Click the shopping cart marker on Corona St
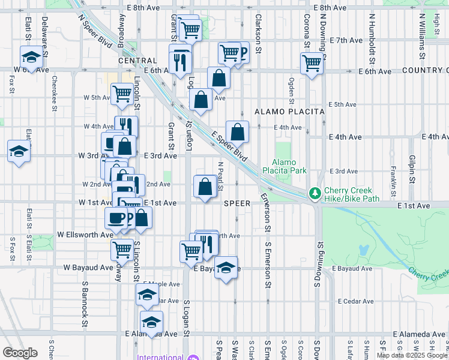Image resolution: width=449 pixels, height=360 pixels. [312, 63]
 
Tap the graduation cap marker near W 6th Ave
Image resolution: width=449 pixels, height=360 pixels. [31, 57]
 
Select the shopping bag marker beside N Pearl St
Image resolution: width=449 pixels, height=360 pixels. [205, 186]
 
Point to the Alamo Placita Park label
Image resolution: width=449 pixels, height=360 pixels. [289, 166]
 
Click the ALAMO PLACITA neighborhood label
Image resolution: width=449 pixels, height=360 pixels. [289, 112]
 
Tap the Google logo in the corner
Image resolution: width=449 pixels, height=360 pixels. [20, 353]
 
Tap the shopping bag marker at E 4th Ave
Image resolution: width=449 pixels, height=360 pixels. [238, 131]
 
